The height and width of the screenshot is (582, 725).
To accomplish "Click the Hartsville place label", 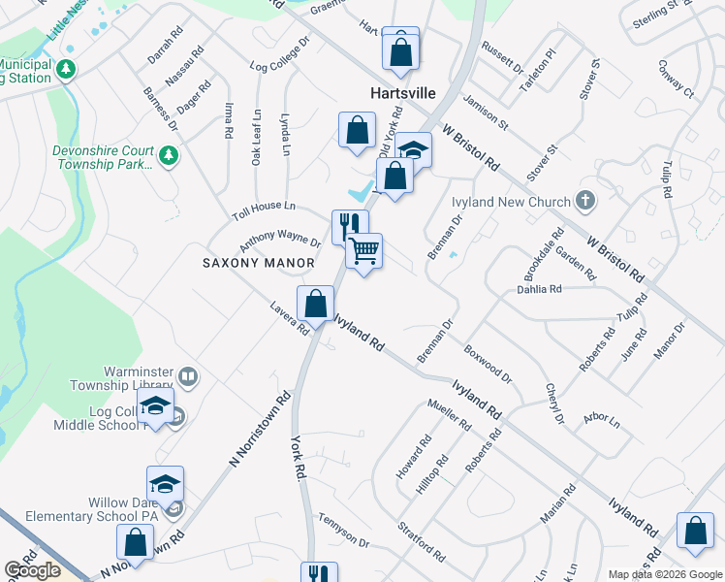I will [x=402, y=94].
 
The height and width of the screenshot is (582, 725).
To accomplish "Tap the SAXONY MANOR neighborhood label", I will [x=258, y=263].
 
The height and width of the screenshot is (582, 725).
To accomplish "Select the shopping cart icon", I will [x=364, y=251].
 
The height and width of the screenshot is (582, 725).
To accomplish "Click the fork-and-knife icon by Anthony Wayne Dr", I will [x=349, y=226].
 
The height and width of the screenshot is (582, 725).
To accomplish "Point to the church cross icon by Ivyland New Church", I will [x=584, y=200].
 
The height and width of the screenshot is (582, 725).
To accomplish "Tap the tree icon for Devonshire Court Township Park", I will [x=169, y=155].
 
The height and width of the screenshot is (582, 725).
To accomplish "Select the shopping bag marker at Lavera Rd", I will [x=316, y=304].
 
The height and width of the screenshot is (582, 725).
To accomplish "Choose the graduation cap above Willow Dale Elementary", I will [x=166, y=483].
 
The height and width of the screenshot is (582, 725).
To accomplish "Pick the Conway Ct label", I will [x=677, y=81].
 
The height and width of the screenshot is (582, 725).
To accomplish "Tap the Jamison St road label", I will [x=486, y=112].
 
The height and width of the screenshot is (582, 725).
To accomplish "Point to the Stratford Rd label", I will [x=421, y=542].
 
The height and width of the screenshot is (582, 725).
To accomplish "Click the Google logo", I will [x=33, y=570].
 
